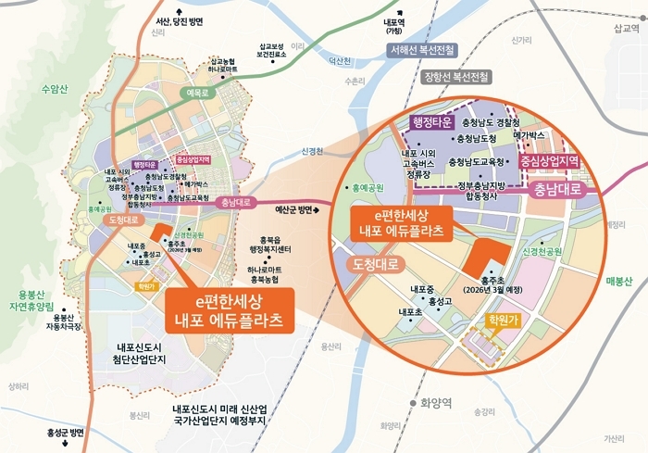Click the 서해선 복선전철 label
coord(424,48)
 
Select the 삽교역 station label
coord(627,29)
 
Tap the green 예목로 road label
coord(197,94)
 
